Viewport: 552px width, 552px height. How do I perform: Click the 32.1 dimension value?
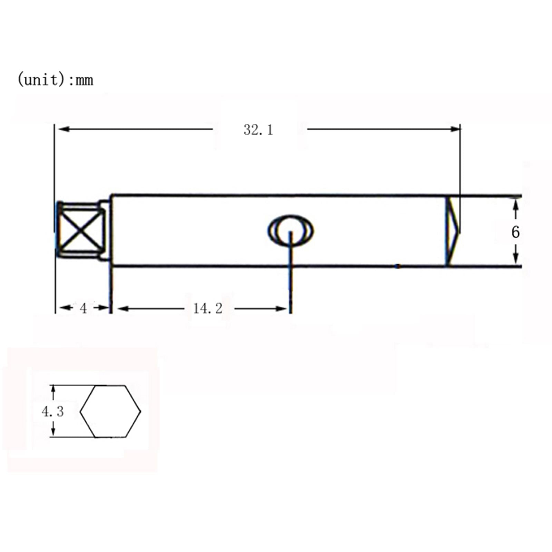click(x=258, y=130)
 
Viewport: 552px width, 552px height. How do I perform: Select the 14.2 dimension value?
click(x=208, y=308)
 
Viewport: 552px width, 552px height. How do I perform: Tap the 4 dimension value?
click(x=83, y=308)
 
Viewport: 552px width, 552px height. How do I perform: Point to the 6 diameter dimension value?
click(x=515, y=232)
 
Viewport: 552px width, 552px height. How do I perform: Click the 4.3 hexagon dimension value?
click(x=53, y=412)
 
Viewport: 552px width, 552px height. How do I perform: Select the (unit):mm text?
click(x=55, y=80)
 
